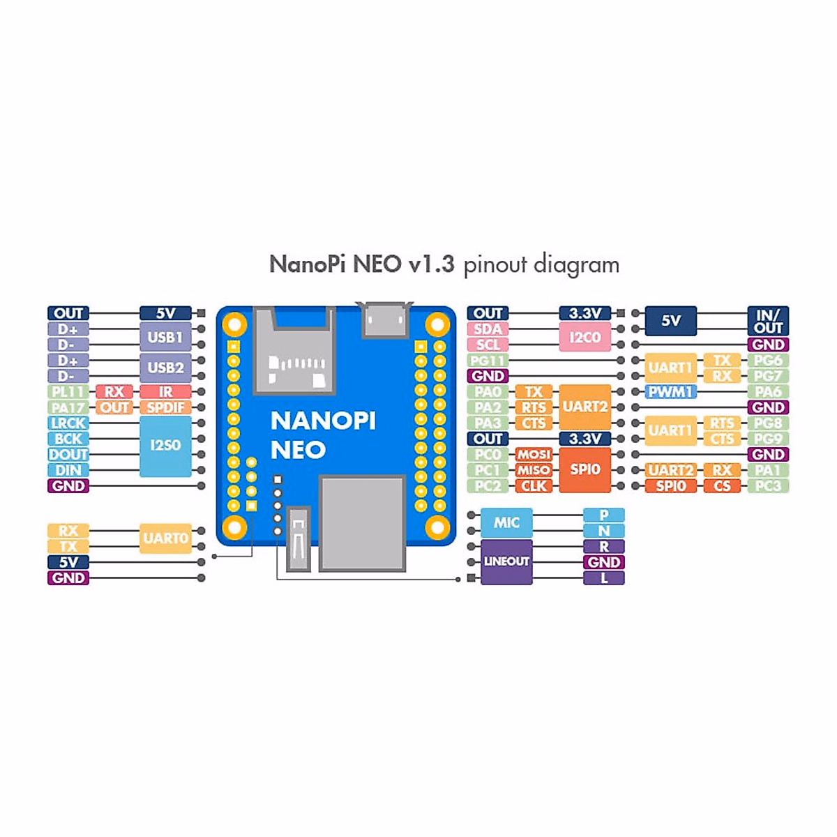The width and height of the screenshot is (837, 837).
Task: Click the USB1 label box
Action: coord(165,337)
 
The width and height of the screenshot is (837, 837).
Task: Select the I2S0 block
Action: coord(165,446)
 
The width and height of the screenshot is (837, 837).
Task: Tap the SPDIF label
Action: coord(165,407)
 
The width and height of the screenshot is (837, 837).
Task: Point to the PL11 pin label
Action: coord(68,392)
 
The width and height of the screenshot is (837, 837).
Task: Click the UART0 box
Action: coord(165,538)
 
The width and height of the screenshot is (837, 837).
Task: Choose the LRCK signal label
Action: coord(68,423)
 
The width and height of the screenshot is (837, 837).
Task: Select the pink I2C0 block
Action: coord(585,337)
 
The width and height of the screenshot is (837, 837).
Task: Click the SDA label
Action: coord(488,329)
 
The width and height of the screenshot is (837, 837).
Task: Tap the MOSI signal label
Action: coord(534,454)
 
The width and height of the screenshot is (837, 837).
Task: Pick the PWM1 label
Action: coord(670,392)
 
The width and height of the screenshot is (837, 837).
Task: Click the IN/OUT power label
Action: coord(768,321)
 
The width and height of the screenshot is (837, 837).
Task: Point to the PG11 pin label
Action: coord(488,361)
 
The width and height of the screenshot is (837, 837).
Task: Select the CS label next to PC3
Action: coord(722,486)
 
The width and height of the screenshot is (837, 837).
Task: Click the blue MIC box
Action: coord(506,522)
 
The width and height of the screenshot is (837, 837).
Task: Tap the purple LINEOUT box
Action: coord(506,561)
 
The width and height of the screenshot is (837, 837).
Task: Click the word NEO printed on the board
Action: coord(298,451)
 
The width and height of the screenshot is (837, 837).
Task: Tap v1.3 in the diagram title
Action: coord(432,264)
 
